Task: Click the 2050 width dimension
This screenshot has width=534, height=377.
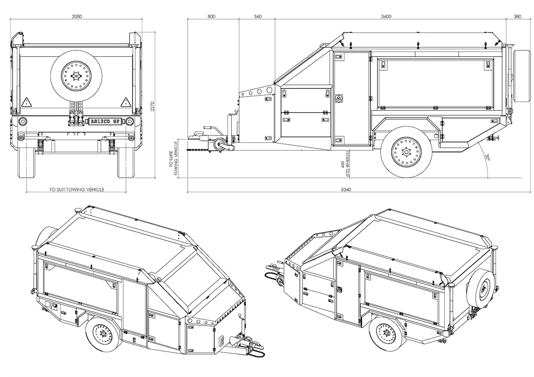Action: (77, 16)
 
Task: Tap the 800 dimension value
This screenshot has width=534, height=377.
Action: (211, 16)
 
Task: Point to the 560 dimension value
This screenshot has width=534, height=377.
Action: (258, 16)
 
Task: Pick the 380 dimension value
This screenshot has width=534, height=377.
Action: (517, 16)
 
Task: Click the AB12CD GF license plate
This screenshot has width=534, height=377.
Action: (104, 122)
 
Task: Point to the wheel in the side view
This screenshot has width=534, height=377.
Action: (406, 152)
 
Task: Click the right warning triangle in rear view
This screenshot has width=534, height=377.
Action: (126, 102)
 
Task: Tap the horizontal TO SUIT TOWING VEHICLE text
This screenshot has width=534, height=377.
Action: (77, 189)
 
